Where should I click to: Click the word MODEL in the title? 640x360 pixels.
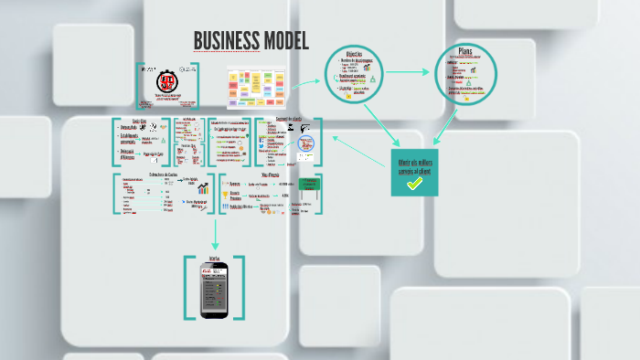286,41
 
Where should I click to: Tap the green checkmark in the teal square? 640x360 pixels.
415,183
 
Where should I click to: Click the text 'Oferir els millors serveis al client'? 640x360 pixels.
415,165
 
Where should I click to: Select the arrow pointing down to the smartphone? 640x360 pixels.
216,233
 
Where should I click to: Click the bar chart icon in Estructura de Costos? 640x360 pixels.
200,190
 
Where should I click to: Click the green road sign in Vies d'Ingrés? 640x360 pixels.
310,185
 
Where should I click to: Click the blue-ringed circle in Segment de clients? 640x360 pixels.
306,143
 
